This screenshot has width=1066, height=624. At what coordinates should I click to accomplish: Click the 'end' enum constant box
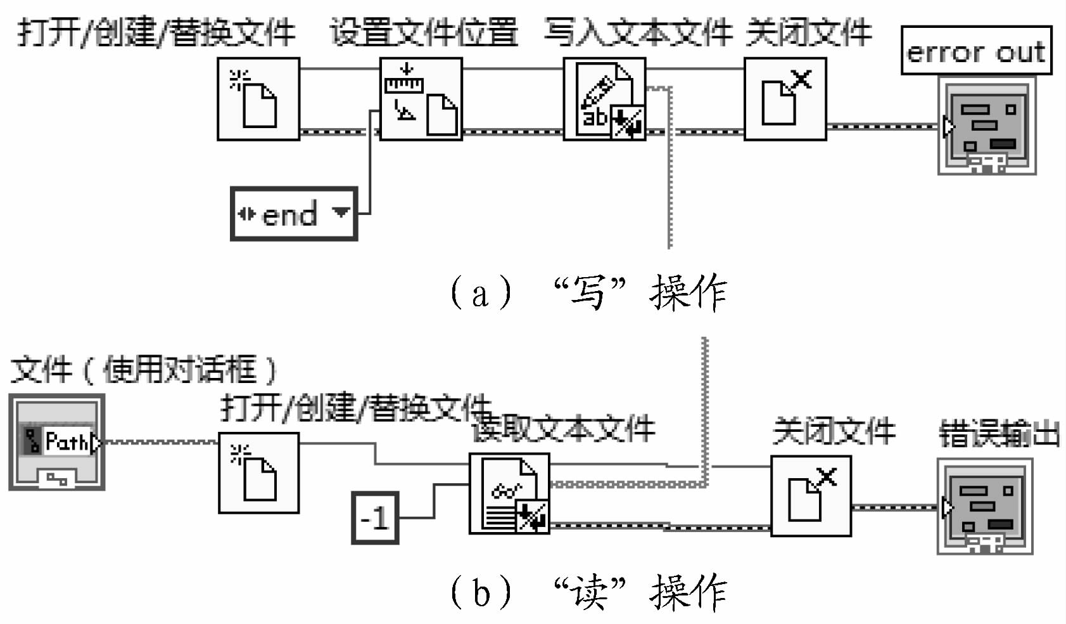(x=293, y=214)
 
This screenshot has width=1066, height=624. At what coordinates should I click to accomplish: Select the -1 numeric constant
(x=375, y=518)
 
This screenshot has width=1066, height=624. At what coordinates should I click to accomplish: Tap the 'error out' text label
(x=975, y=51)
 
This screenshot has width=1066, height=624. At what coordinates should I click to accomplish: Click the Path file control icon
(x=57, y=442)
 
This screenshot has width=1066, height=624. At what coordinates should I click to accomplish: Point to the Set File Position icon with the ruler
(x=421, y=99)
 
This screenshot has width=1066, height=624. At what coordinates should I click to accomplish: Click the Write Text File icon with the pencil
(x=604, y=99)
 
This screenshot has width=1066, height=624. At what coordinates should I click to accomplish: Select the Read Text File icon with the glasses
(x=509, y=493)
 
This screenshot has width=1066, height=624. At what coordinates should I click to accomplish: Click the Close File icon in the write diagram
(x=785, y=99)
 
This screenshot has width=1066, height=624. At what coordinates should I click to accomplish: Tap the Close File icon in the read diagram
(x=811, y=496)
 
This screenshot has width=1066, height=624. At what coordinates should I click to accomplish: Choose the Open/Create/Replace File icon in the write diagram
(x=258, y=99)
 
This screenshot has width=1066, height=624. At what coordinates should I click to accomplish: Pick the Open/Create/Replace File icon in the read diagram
(x=258, y=473)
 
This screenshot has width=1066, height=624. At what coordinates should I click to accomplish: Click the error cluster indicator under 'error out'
(x=987, y=126)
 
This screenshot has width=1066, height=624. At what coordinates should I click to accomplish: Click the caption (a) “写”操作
(x=588, y=292)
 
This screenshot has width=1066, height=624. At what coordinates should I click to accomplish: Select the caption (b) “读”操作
(x=588, y=591)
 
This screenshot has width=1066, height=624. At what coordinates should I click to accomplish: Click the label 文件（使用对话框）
(x=144, y=370)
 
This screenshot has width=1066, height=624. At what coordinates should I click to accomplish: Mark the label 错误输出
(x=999, y=434)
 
